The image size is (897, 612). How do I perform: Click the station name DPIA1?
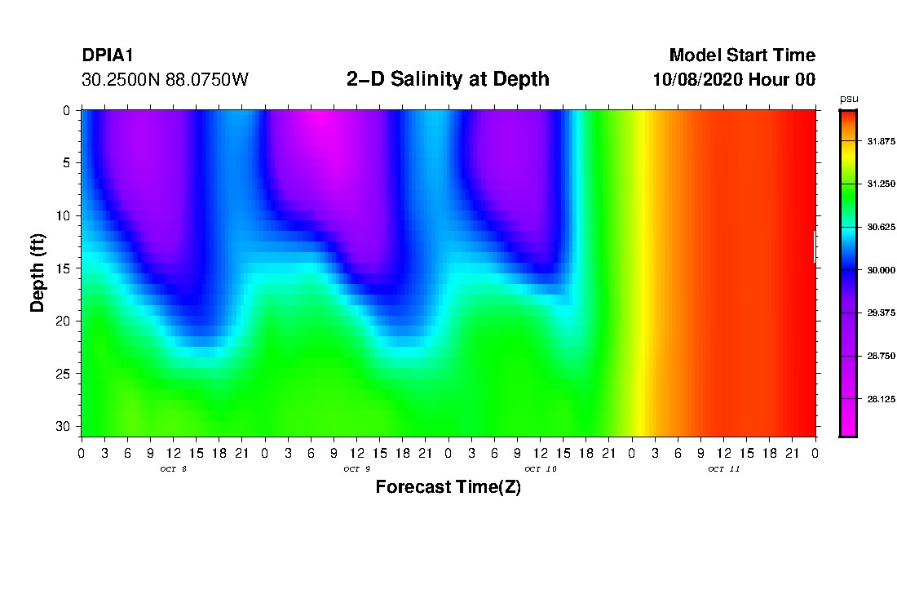pos(108,55)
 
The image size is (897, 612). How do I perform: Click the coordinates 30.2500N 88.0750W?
pos(166,80)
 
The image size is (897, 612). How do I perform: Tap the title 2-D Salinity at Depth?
pos(448,79)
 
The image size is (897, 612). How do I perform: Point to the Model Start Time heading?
pos(741,55)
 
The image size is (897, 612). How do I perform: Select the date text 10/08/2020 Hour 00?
pos(734,80)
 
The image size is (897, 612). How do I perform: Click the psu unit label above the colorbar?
pos(848,99)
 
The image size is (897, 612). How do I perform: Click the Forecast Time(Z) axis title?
pos(448,487)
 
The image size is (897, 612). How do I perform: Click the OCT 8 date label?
pos(174,469)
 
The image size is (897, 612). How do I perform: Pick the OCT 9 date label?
pos(356,469)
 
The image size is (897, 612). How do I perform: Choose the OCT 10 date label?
pos(540,469)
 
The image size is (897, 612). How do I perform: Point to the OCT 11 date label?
pos(723,469)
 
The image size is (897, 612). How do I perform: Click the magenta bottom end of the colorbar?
pos(848,428)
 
